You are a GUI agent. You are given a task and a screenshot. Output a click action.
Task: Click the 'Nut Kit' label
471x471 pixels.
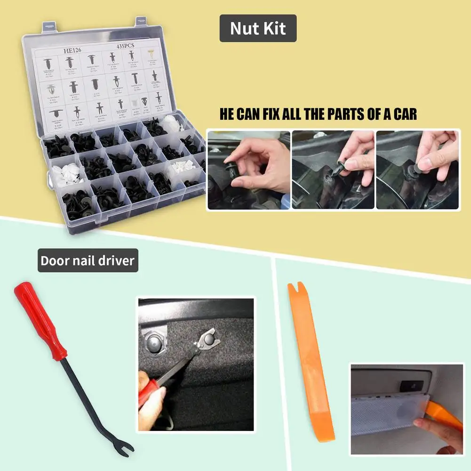tap(258, 29)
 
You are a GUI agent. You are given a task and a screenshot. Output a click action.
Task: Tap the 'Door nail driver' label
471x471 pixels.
tap(88, 261)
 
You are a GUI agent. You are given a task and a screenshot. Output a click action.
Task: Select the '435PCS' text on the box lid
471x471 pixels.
tap(126, 47)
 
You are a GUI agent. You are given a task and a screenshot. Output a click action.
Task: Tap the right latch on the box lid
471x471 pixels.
tap(142, 21)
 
